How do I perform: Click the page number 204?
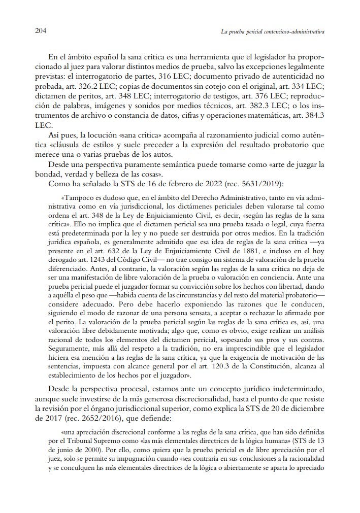click(x=41, y=31)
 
